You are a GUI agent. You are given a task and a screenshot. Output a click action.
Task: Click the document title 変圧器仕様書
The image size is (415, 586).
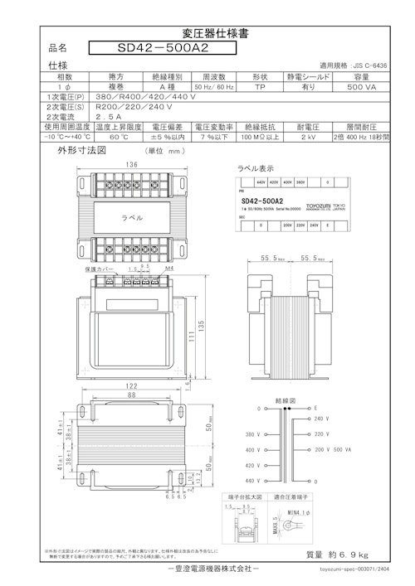207,34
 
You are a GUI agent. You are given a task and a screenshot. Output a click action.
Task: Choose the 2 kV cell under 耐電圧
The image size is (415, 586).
308,138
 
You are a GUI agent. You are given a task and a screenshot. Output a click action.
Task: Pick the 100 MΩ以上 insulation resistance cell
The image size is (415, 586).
260,138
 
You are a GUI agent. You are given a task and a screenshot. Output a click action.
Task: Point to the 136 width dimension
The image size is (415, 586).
131,164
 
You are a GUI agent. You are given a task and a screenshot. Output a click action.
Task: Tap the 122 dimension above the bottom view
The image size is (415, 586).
131,386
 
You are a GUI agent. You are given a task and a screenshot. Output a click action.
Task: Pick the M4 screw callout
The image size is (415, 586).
168,269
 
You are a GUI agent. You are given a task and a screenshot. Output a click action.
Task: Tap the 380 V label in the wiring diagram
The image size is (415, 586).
251,433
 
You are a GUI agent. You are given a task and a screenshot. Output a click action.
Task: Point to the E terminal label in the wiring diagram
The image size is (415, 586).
316,409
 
